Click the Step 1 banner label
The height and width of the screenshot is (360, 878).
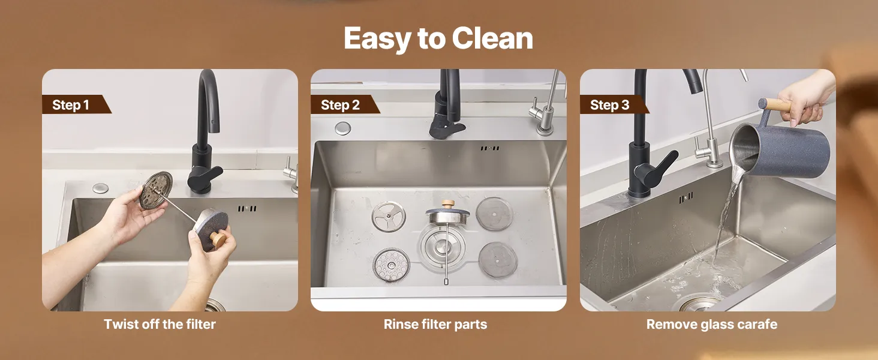pyautogui.click(x=71, y=105)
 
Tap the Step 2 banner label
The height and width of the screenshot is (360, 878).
pyautogui.click(x=340, y=105)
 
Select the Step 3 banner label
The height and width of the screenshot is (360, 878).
pyautogui.click(x=609, y=105)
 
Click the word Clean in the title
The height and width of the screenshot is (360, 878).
pyautogui.click(x=492, y=38)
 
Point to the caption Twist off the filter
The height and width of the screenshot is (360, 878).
pyautogui.click(x=160, y=325)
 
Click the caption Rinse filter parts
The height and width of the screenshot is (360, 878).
pyautogui.click(x=435, y=325)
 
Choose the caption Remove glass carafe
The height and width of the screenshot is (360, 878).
pyautogui.click(x=711, y=325)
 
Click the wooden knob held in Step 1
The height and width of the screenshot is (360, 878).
pyautogui.click(x=218, y=238)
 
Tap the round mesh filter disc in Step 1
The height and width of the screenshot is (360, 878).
pyautogui.click(x=156, y=190)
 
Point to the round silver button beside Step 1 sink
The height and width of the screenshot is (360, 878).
pyautogui.click(x=101, y=188)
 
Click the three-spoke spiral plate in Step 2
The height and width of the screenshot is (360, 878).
pyautogui.click(x=389, y=217)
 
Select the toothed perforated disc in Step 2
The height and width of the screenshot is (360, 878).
pyautogui.click(x=391, y=265)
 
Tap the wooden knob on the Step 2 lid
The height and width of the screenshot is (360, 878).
pyautogui.click(x=447, y=204)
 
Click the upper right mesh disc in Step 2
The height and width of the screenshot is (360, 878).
pyautogui.click(x=494, y=214)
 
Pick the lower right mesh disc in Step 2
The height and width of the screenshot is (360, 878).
pyautogui.click(x=498, y=260)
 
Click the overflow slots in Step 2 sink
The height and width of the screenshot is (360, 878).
pyautogui.click(x=490, y=148)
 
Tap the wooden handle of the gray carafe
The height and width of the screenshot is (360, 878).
pyautogui.click(x=778, y=104)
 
